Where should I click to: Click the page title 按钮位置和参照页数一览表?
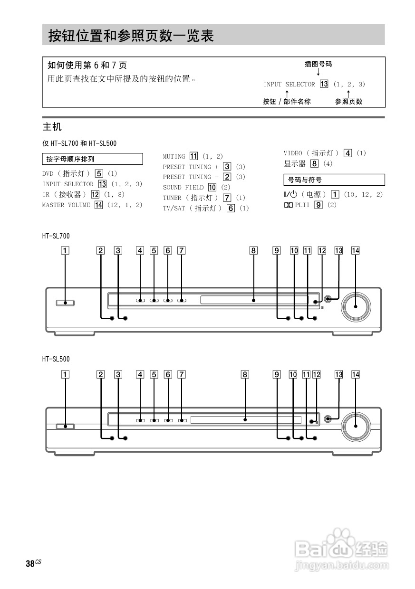pyautogui.click(x=131, y=36)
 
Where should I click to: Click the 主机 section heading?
pyautogui.click(x=52, y=127)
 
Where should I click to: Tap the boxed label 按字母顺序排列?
pyautogui.click(x=74, y=159)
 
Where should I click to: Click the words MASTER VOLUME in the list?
pyautogui.click(x=66, y=205)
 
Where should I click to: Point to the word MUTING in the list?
pyautogui.click(x=174, y=156)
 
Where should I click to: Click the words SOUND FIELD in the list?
pyautogui.click(x=183, y=187)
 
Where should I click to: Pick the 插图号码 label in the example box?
pyautogui.click(x=318, y=64)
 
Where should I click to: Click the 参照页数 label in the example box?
pyautogui.click(x=348, y=101)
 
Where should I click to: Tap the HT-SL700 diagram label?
pyautogui.click(x=56, y=236)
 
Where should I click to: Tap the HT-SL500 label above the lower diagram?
pyautogui.click(x=56, y=360)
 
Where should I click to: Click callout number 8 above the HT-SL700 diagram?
pyautogui.click(x=254, y=250)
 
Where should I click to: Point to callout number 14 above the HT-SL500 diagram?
pyautogui.click(x=356, y=374)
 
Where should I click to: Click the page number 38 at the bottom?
pyautogui.click(x=30, y=564)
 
